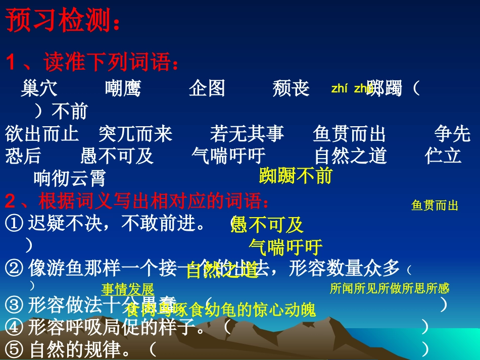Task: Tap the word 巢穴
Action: point(39,89)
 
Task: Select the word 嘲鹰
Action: point(123,89)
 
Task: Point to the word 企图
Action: point(207,89)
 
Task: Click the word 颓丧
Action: point(291,89)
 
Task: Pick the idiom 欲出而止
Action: point(42,134)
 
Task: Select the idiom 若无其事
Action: point(247,134)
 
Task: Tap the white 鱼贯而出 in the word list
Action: point(349,134)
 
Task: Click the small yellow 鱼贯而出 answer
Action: point(435,205)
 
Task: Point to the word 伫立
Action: point(443,156)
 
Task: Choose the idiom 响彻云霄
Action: point(70,178)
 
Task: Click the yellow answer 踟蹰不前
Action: point(296,175)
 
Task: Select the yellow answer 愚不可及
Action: point(267,224)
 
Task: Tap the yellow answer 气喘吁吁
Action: point(285,247)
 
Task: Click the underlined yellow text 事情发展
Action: point(128,290)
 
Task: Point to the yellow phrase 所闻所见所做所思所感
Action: point(389,288)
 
